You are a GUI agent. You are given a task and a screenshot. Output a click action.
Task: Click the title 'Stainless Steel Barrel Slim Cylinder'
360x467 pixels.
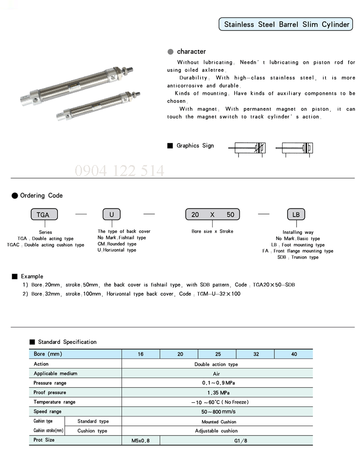coord(287,24)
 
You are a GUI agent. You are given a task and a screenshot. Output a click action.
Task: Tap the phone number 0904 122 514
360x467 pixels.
coord(119,171)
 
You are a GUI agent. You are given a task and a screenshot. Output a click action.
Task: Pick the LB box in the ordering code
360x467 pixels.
coord(296,214)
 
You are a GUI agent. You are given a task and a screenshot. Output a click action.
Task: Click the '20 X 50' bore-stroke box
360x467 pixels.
coord(212,214)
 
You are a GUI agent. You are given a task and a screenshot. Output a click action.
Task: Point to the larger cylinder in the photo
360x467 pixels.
coord(68,85)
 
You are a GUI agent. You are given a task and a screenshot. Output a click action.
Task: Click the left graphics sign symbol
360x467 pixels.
coord(248,148)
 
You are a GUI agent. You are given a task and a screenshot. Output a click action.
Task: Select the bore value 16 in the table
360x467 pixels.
coord(141,354)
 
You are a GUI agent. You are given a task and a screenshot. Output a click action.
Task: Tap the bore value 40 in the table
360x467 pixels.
coord(294,354)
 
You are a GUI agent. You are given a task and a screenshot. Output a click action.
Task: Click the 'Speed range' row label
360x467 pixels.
coord(47,412)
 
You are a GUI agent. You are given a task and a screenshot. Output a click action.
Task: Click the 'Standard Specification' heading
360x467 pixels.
coord(67,342)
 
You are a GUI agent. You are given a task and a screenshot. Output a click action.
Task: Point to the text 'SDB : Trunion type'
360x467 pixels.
coord(298,257)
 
